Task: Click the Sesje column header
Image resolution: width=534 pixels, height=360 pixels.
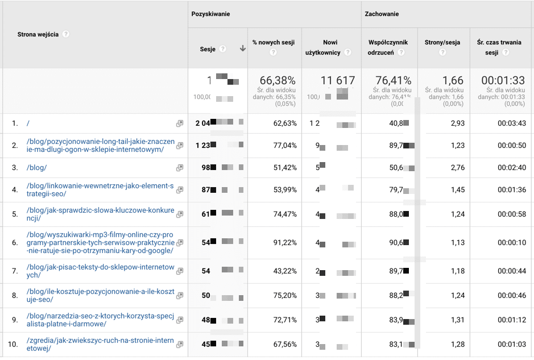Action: click(x=208, y=49)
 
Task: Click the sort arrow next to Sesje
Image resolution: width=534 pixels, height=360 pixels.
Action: click(x=243, y=49)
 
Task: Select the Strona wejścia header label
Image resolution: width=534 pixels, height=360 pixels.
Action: click(x=38, y=34)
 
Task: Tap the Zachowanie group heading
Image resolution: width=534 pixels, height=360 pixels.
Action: click(x=382, y=14)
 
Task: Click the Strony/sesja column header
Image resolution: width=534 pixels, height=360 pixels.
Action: click(x=442, y=43)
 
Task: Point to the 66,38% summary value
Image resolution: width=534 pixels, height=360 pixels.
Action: click(x=279, y=81)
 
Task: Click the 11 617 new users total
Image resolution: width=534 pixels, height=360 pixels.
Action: click(x=338, y=81)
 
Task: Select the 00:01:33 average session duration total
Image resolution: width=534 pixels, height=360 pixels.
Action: click(x=503, y=81)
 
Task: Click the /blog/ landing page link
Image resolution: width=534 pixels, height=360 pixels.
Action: click(x=37, y=168)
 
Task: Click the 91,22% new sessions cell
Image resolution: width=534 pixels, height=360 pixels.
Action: click(x=285, y=243)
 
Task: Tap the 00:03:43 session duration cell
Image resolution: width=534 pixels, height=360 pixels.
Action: click(x=509, y=123)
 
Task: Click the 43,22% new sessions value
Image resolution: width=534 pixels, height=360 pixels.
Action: click(x=285, y=271)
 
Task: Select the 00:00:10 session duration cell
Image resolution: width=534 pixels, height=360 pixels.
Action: click(x=509, y=243)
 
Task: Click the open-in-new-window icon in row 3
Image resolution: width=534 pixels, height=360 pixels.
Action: click(x=180, y=168)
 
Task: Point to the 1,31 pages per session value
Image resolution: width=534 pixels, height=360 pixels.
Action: click(x=457, y=320)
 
